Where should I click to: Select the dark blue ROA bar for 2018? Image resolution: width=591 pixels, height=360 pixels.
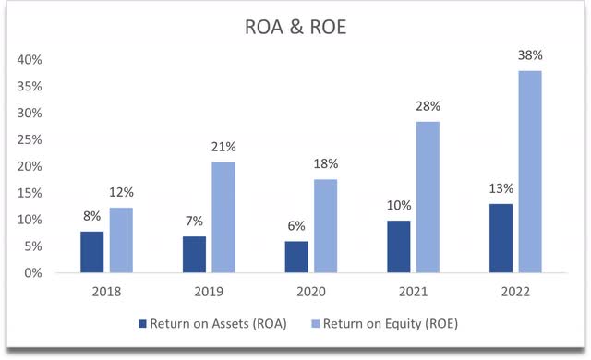(92, 252)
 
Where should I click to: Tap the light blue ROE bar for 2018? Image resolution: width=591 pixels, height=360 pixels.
(121, 240)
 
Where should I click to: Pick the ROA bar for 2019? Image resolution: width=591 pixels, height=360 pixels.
(194, 255)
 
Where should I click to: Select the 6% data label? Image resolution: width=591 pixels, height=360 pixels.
(295, 228)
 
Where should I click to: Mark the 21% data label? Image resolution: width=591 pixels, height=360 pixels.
(223, 147)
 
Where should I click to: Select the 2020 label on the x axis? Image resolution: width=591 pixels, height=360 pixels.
(309, 291)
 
